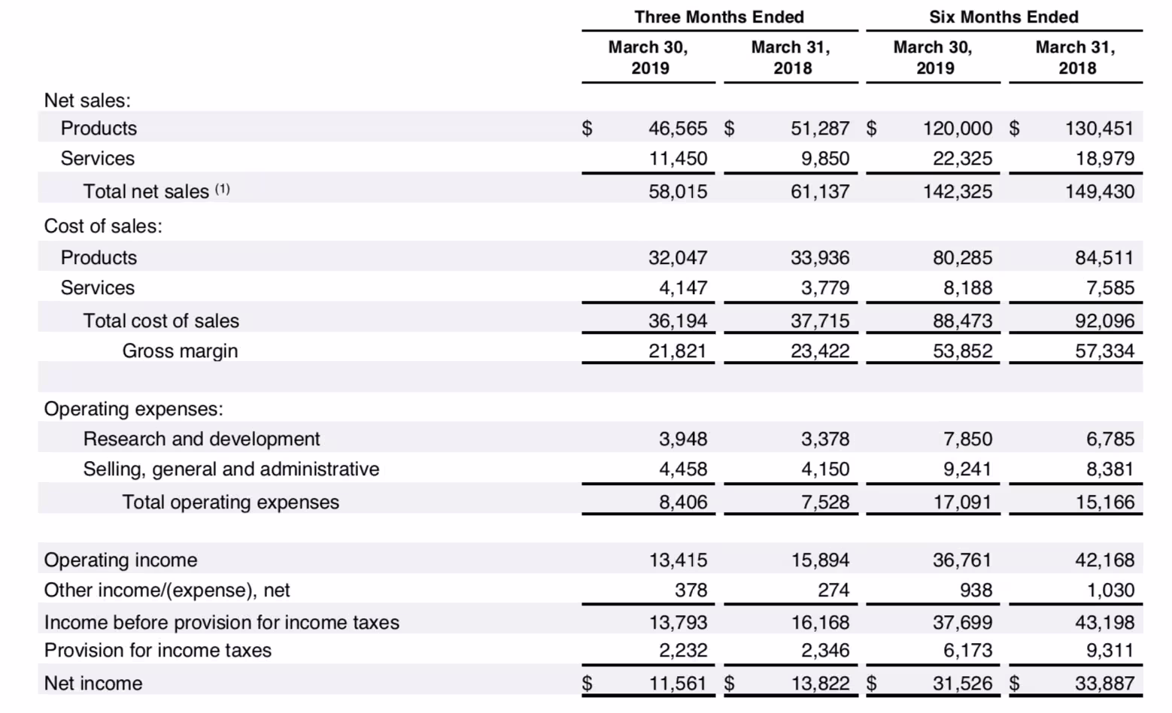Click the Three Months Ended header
coord(719,17)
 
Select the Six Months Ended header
coord(1003,17)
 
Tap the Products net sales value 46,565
coord(678,128)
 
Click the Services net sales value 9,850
coord(825,159)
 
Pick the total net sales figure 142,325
coord(957,192)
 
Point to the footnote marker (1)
coord(223,189)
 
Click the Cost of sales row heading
coord(103,226)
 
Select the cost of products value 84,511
coord(1104,258)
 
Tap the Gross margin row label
coord(180,351)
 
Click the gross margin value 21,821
coord(678,351)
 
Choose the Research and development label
coord(202,439)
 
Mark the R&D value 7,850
coord(967,439)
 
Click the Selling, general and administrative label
coord(231,469)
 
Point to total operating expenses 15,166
coord(1104,502)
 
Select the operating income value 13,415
coord(678,560)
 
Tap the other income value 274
coord(833,590)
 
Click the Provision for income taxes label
coord(158,651)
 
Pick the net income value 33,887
coord(1104,683)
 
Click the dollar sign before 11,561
coord(588,683)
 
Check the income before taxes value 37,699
coord(962,623)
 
